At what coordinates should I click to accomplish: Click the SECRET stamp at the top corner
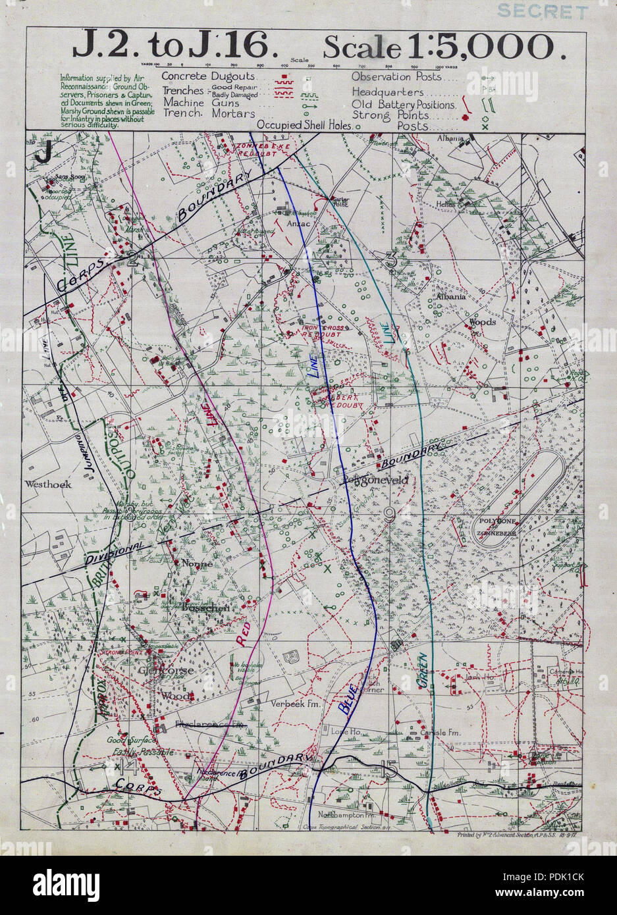tap(543, 11)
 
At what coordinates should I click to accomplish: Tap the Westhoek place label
tap(47, 484)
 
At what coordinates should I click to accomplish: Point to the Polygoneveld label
tap(375, 481)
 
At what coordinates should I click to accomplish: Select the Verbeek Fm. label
tap(290, 702)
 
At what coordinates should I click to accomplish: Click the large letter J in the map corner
tap(43, 152)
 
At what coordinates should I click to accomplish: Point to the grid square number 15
tap(389, 769)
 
